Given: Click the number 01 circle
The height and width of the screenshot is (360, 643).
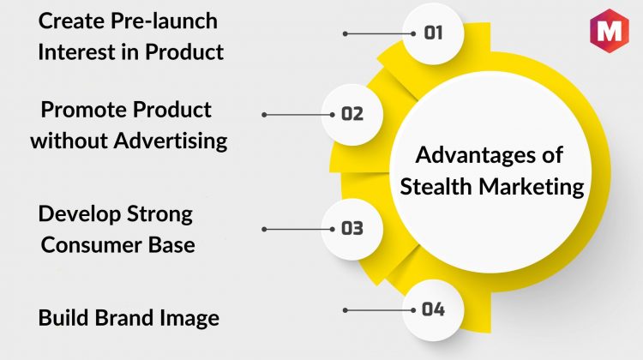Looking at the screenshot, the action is coord(433,33).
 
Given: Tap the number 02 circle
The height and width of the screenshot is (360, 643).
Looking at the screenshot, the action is coord(352,115).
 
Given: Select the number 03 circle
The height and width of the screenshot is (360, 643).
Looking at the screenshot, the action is coord(352,229).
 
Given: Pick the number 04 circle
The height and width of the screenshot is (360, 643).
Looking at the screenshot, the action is coord(433,310).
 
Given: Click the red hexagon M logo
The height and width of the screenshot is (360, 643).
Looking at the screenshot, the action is coord(610,31).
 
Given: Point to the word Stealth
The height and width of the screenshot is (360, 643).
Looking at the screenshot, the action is coord(436,187).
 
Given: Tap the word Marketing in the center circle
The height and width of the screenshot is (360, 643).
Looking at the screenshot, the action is coord(532,188).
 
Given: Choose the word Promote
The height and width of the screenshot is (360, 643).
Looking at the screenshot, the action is coord(84,110).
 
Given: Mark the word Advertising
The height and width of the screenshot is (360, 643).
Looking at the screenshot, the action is coord(171,141).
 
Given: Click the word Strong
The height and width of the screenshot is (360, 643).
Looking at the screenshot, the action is coord(159,215).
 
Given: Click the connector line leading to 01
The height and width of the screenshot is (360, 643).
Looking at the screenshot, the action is coord(379,33).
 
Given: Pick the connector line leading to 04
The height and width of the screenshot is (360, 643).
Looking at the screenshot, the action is coord(379,310).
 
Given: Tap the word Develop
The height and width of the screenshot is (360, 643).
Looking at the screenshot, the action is coord(80,215).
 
